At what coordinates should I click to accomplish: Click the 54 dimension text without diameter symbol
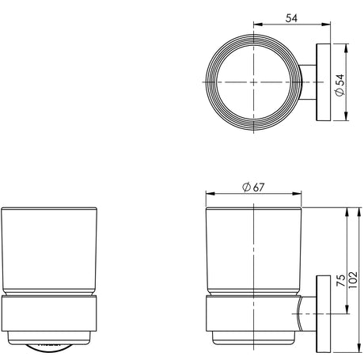coord(291,18)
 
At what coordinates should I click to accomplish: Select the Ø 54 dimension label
coord(340,85)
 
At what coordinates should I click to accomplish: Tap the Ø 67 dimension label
coord(253,188)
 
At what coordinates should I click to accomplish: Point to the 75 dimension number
coord(341,280)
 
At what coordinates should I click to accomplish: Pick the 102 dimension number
coord(353,280)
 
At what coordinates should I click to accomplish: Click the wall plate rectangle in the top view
coord(324,82)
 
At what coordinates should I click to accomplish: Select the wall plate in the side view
coord(324,314)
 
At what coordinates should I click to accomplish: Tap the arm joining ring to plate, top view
coord(308,82)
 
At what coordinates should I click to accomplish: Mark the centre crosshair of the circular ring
coord(253,82)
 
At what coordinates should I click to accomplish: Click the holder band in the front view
coord(49,313)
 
